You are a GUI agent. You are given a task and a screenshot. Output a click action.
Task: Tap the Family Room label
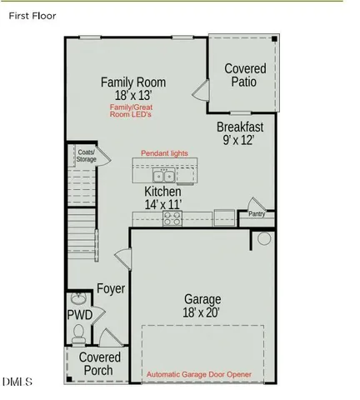pos(133,82)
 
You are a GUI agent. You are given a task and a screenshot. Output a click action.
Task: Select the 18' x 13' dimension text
pos(133,96)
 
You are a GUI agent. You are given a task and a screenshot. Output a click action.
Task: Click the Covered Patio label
pos(246,75)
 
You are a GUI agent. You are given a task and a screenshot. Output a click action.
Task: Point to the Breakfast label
pos(240,127)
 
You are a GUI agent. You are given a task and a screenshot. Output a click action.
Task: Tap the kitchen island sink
pos(162,177)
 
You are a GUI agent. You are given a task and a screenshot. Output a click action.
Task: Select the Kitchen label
pos(162,192)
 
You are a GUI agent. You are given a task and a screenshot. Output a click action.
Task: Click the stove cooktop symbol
pos(172,217)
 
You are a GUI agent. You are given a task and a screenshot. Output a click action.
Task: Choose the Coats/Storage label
pos(87,156)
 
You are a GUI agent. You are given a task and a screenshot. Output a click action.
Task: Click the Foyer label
pos(111,289)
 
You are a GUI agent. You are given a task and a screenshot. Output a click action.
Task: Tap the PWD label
pos(79,315)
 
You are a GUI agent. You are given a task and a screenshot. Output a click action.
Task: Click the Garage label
pos(202,299)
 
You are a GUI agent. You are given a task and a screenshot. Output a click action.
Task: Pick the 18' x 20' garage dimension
pos(202,312)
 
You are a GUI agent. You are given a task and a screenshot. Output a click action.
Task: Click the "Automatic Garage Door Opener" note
pos(199,375)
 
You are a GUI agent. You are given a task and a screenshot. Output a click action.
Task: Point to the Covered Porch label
pos(100,364)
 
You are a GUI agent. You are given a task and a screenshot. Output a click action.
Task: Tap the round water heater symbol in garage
pos(264,238)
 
